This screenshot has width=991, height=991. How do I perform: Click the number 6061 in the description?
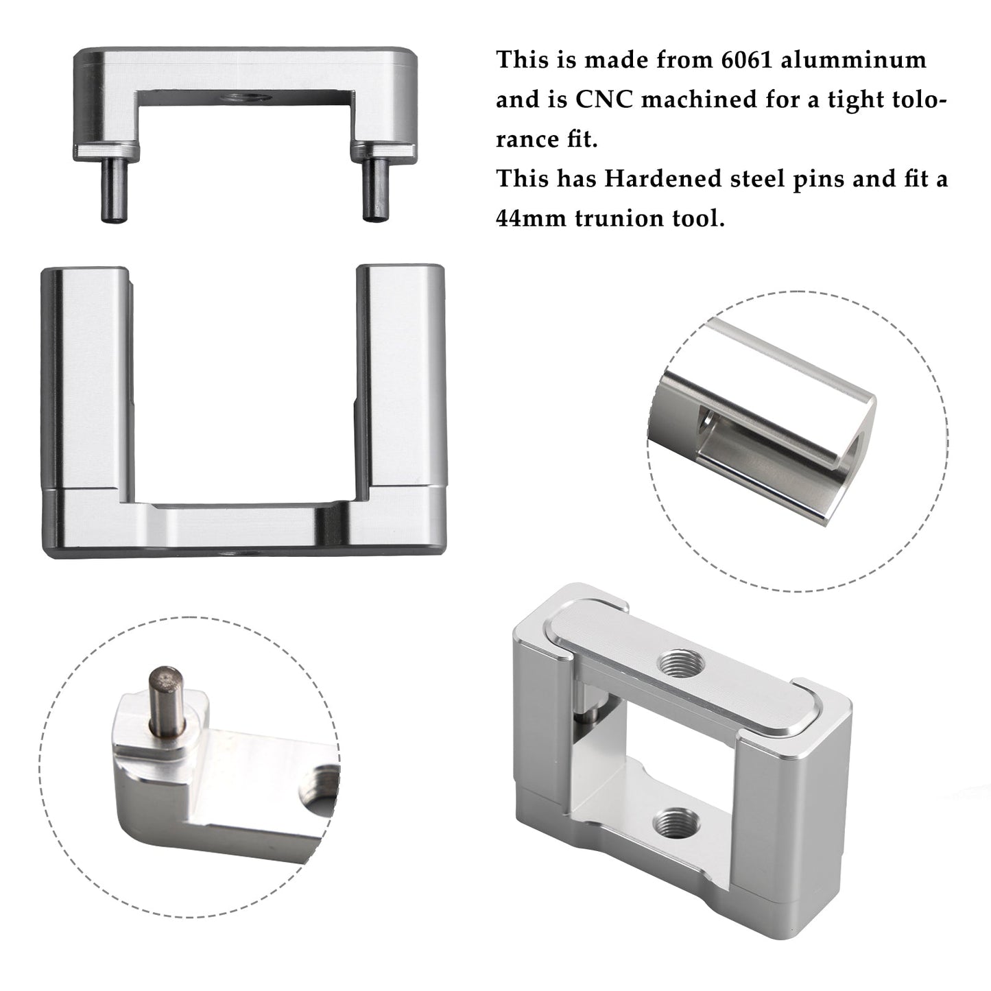(x=747, y=60)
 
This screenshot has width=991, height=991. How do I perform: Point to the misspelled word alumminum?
(x=854, y=60)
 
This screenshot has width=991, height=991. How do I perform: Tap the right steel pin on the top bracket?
(x=375, y=189)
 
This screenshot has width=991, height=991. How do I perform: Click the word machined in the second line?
(x=700, y=99)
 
